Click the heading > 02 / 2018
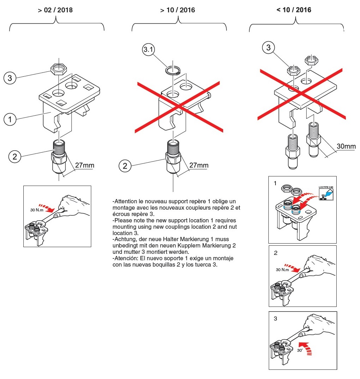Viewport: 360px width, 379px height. click(x=55, y=10)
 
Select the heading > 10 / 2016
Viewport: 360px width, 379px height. click(x=178, y=10)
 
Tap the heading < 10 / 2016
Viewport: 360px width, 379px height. click(x=294, y=10)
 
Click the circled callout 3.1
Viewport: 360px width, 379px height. click(x=148, y=49)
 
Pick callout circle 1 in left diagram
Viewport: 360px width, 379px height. click(x=10, y=119)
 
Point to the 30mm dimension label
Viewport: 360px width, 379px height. click(x=346, y=146)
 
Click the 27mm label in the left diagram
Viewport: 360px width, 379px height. click(x=85, y=165)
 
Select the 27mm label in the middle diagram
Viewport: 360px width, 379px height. click(x=199, y=165)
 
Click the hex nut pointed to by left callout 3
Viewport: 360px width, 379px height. click(x=58, y=70)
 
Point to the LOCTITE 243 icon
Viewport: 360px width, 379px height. click(x=326, y=193)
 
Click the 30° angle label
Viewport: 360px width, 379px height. click(x=300, y=350)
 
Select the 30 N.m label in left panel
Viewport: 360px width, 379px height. click(x=37, y=210)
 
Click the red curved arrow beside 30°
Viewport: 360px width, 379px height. click(x=305, y=348)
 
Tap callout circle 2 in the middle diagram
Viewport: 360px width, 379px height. click(x=125, y=166)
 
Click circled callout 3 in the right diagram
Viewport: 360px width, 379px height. click(x=268, y=47)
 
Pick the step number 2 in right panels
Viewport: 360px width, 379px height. click(x=275, y=253)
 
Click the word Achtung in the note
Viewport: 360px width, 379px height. click(x=124, y=239)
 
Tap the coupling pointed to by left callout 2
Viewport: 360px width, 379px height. click(x=59, y=156)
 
